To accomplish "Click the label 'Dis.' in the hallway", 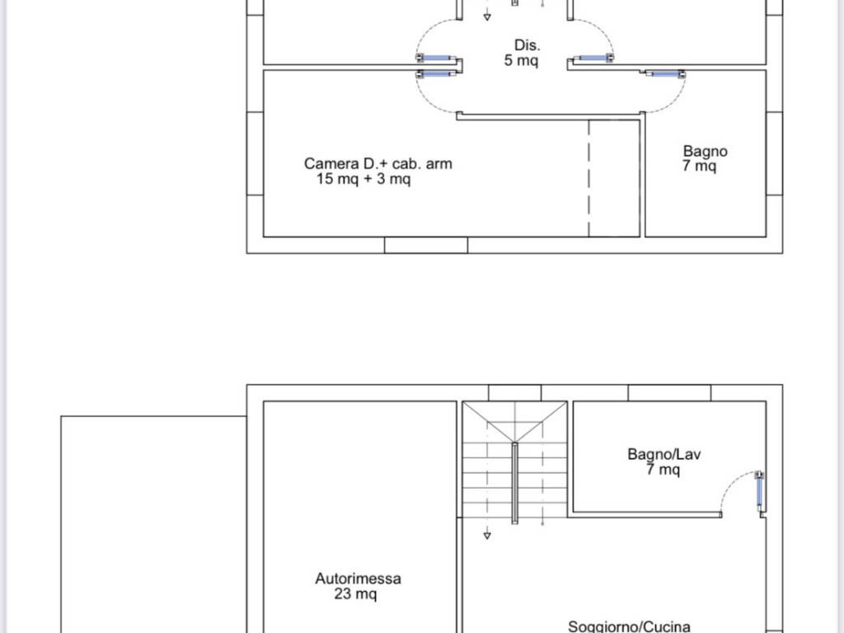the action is pyautogui.click(x=527, y=45).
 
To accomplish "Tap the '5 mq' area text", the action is pyautogui.click(x=521, y=60).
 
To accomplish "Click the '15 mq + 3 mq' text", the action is pyautogui.click(x=363, y=179).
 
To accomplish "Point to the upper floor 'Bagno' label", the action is pyautogui.click(x=706, y=152).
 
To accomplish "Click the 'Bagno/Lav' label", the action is pyautogui.click(x=664, y=454).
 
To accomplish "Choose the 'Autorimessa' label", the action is pyautogui.click(x=358, y=579).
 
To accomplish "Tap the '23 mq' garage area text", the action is pyautogui.click(x=355, y=593).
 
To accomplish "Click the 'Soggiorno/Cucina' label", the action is pyautogui.click(x=629, y=626).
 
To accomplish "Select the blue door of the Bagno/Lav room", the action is pyautogui.click(x=759, y=491).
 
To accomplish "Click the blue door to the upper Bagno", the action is pyautogui.click(x=665, y=73).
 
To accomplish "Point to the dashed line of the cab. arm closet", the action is pyautogui.click(x=588, y=178).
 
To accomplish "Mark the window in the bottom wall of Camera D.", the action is pyautogui.click(x=426, y=245).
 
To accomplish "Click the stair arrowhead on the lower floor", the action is pyautogui.click(x=487, y=536).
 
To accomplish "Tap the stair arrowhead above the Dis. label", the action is pyautogui.click(x=487, y=17).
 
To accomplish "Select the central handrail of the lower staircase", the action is pyautogui.click(x=514, y=483).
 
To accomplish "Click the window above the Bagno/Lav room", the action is pyautogui.click(x=669, y=393).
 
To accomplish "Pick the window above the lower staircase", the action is pyautogui.click(x=514, y=393).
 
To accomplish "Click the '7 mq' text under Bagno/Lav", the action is pyautogui.click(x=663, y=469).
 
